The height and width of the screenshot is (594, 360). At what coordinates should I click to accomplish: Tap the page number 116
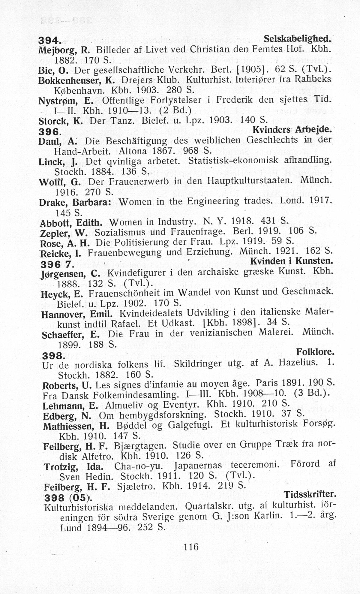191,547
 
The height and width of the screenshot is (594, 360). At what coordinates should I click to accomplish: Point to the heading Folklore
315,351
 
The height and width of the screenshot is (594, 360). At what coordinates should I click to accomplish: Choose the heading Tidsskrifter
310,494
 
